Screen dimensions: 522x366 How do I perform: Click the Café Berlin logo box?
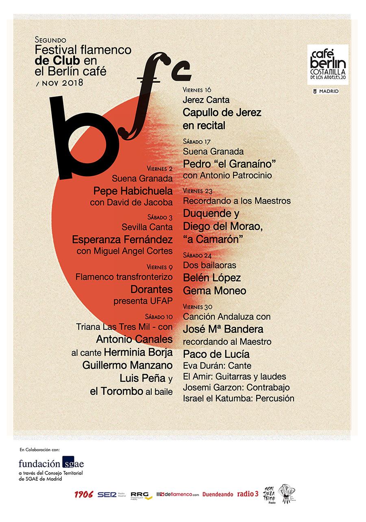[x=328, y=65]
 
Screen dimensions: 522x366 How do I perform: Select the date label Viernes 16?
[x=198, y=90]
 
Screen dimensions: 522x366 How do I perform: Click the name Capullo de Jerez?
[x=222, y=112]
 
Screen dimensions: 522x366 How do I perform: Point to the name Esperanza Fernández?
[x=122, y=239]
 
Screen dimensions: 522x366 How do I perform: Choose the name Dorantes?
[x=151, y=289]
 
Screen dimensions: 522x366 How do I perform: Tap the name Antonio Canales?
[x=134, y=338]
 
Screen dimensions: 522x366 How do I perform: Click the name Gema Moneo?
[x=214, y=291]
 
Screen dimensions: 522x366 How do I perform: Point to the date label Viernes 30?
[x=198, y=306]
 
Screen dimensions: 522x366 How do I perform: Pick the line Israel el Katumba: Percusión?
[x=238, y=398]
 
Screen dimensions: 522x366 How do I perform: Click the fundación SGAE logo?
[x=51, y=463]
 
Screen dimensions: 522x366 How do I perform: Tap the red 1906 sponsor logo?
[x=84, y=494]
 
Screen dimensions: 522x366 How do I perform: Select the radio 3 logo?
[x=248, y=494]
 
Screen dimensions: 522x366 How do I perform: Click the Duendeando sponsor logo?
[x=218, y=494]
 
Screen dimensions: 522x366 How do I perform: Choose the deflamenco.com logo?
[x=178, y=494]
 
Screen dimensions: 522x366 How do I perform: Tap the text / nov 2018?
[x=59, y=83]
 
